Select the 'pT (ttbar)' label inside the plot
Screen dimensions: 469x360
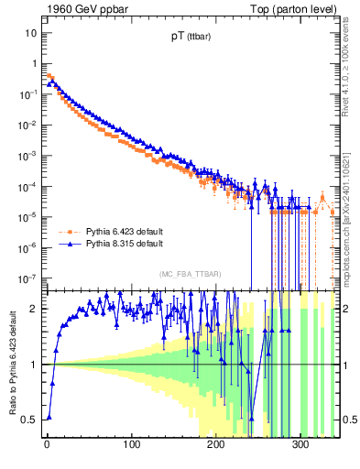(x=178, y=39)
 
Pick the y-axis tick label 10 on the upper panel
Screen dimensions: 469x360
(x=31, y=33)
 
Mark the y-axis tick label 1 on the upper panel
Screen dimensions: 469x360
(x=34, y=63)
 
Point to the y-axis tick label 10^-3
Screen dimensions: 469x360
(x=27, y=155)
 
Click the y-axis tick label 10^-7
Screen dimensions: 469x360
(x=27, y=278)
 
